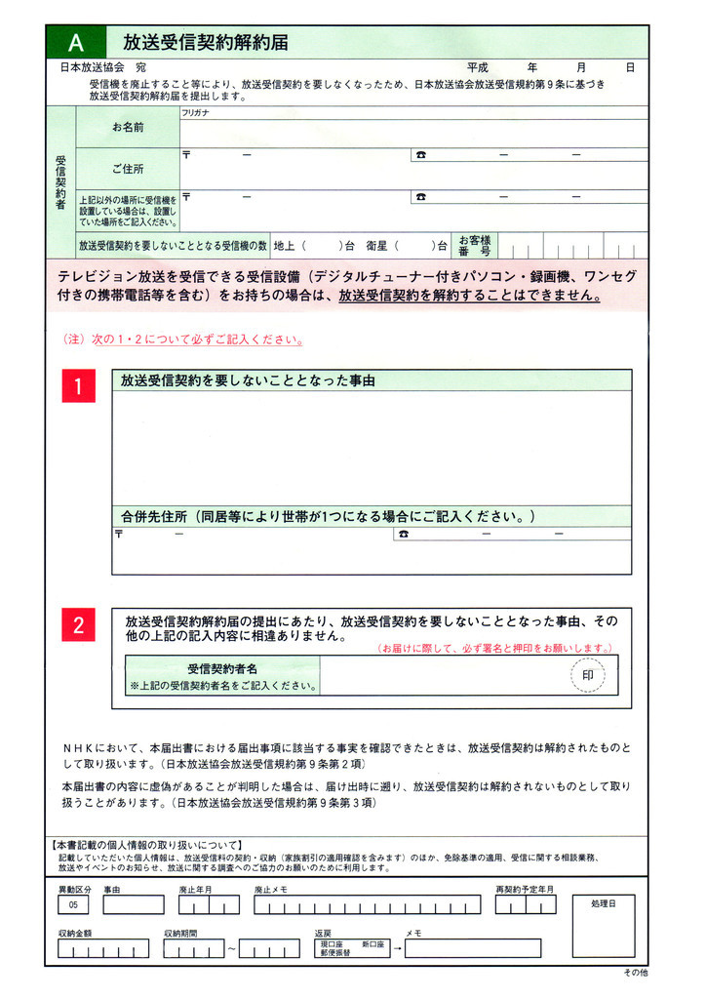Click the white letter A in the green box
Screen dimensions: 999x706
pyautogui.click(x=76, y=43)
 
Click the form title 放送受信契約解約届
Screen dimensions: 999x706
pyautogui.click(x=205, y=43)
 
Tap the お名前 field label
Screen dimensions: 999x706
pyautogui.click(x=128, y=128)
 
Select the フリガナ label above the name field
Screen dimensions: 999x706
pyautogui.click(x=196, y=113)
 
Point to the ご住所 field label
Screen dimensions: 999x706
pyautogui.click(x=128, y=169)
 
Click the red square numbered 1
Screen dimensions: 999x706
pyautogui.click(x=78, y=387)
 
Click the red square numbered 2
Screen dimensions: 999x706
pyautogui.click(x=78, y=625)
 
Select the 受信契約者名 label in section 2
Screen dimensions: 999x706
pyautogui.click(x=222, y=669)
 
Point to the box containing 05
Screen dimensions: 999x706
pyautogui.click(x=74, y=905)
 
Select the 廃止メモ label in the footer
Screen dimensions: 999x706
pyautogui.click(x=270, y=890)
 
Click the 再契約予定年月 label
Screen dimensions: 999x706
pyautogui.click(x=525, y=890)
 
